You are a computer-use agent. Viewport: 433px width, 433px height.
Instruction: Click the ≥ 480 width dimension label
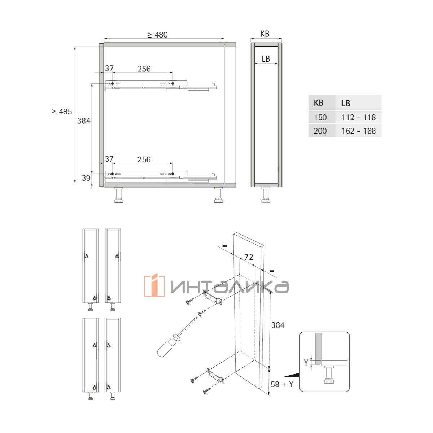[x=158, y=35]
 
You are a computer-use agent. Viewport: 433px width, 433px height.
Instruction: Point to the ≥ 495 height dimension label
[x=62, y=111]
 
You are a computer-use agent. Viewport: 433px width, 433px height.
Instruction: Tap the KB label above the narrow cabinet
[x=265, y=34]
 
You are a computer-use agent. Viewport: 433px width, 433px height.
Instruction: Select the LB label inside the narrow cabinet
[x=266, y=59]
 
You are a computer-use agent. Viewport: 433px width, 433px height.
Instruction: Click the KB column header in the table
[x=318, y=103]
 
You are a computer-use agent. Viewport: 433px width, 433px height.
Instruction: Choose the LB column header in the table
[x=346, y=103]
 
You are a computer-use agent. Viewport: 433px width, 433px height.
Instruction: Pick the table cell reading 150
[x=320, y=117]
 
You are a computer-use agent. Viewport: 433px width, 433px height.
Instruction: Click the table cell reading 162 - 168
[x=358, y=131]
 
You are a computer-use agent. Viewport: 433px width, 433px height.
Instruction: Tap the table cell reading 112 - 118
[x=358, y=117]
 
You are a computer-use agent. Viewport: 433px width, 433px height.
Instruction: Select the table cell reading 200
[x=320, y=131]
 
